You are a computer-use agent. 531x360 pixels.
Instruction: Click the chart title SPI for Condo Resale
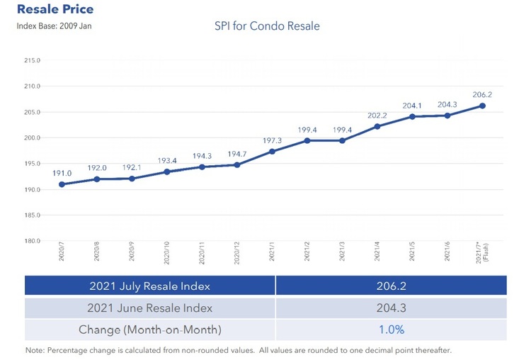267,26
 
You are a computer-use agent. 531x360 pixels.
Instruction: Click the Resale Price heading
55,10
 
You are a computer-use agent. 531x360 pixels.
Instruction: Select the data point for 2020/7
62,184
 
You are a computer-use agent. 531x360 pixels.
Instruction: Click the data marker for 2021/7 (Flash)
482,106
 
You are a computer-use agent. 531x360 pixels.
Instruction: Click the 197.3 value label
272,140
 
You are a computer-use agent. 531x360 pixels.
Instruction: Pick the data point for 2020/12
237,165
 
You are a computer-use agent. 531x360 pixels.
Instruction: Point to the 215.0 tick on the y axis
32,61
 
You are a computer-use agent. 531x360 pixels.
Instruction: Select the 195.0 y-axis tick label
32,164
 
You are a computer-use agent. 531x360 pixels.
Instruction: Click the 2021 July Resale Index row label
149,286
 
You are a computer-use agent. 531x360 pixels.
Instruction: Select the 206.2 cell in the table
391,286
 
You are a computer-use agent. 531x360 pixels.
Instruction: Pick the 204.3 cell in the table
391,308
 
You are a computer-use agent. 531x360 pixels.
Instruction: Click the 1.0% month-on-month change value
391,330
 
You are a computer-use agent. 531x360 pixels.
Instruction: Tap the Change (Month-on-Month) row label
149,330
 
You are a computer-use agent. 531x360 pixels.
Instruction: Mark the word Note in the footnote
34,350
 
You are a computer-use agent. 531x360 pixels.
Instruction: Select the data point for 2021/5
412,116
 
